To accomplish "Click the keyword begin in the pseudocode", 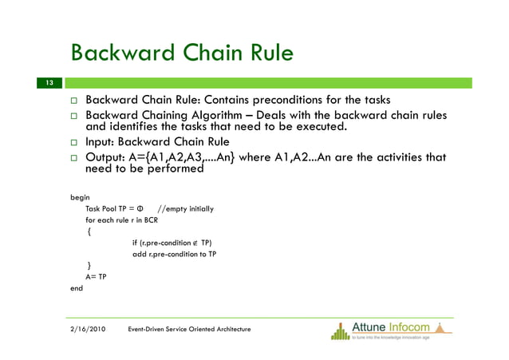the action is tap(80, 196).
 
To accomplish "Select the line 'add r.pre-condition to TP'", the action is tap(173, 255).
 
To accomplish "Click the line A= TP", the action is tap(96, 277).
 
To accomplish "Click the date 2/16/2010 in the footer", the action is tap(86, 329).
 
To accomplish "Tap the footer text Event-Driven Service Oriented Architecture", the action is tap(189, 329).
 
